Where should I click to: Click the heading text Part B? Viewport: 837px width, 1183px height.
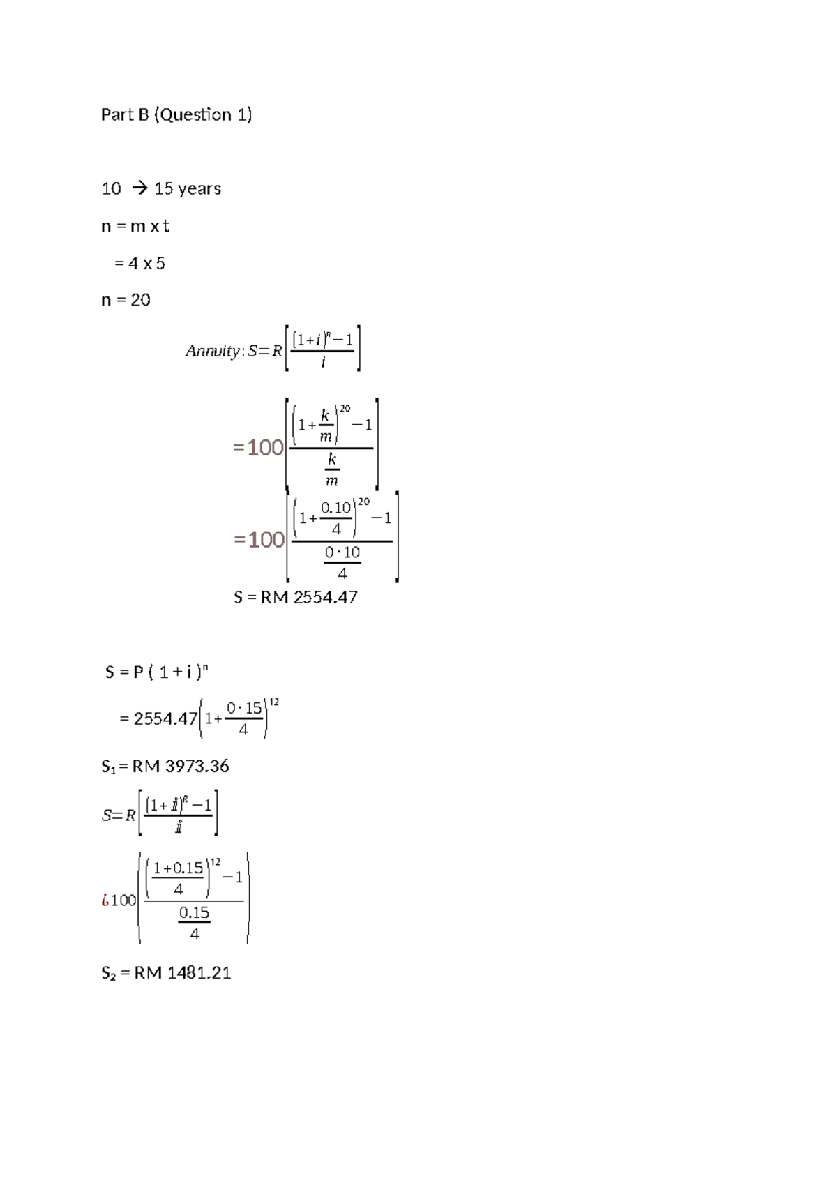[125, 114]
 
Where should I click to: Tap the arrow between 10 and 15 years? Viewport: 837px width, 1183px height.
[139, 189]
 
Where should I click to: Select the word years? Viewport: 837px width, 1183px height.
[199, 189]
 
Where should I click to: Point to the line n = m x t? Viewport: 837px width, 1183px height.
[135, 226]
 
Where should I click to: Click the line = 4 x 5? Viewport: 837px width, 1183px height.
[139, 264]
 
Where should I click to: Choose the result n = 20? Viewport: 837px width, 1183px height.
[126, 300]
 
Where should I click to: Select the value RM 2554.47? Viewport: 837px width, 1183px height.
[309, 597]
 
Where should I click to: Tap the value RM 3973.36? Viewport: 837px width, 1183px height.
[181, 766]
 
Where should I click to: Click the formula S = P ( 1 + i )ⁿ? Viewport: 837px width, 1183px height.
[156, 672]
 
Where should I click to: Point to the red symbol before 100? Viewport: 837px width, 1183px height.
[105, 900]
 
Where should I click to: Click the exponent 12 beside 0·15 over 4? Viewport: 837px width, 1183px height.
[274, 702]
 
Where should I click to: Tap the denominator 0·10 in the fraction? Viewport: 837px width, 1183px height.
[342, 552]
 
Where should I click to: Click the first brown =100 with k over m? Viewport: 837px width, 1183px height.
[258, 447]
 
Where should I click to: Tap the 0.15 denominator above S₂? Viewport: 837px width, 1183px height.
[194, 912]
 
